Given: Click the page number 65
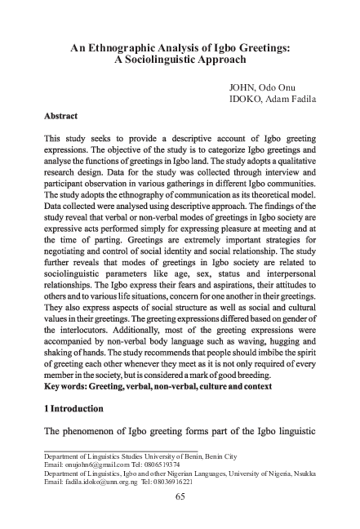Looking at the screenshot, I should (x=182, y=500).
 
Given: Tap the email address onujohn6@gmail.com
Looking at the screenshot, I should (x=100, y=463).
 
